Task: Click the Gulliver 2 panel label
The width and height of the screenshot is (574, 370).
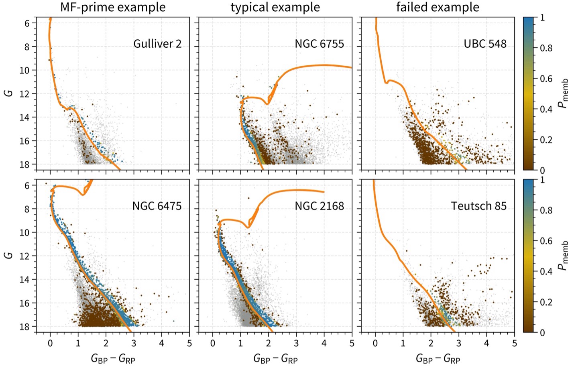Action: click(157, 44)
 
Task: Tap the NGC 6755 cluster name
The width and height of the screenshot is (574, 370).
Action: click(319, 44)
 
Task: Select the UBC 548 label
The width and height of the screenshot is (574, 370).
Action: click(485, 44)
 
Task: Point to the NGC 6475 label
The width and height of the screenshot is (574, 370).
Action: click(157, 206)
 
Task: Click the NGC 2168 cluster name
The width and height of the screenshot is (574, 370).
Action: click(319, 206)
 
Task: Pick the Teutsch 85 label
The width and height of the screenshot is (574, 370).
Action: click(478, 206)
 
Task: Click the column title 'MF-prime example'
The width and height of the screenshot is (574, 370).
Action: click(113, 7)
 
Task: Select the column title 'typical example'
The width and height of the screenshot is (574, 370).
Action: click(275, 7)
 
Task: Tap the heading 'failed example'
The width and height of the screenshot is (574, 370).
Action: click(438, 7)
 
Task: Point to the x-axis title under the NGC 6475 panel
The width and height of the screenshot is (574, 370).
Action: click(113, 358)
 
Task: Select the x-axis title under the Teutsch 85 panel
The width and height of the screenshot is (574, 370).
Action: click(438, 358)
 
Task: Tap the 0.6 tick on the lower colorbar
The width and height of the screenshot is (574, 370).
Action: click(546, 241)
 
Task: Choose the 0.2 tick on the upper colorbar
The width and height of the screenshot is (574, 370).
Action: click(546, 140)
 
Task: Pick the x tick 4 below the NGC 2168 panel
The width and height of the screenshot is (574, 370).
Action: click(324, 344)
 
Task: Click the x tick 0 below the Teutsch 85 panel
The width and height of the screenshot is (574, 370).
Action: click(375, 344)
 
